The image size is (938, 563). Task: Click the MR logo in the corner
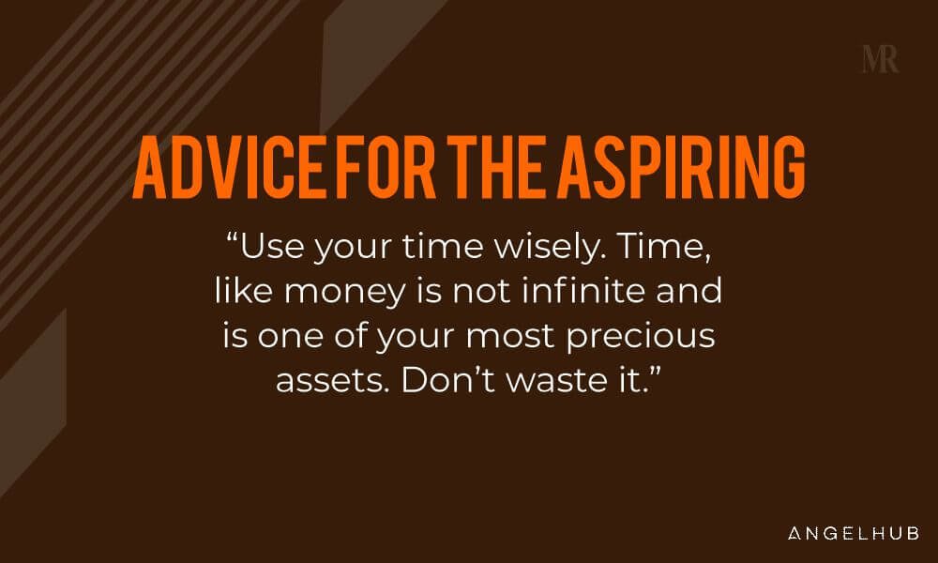[x=880, y=59]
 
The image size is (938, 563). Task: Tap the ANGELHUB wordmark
[x=854, y=533]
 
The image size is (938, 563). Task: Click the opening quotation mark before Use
[x=233, y=237]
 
